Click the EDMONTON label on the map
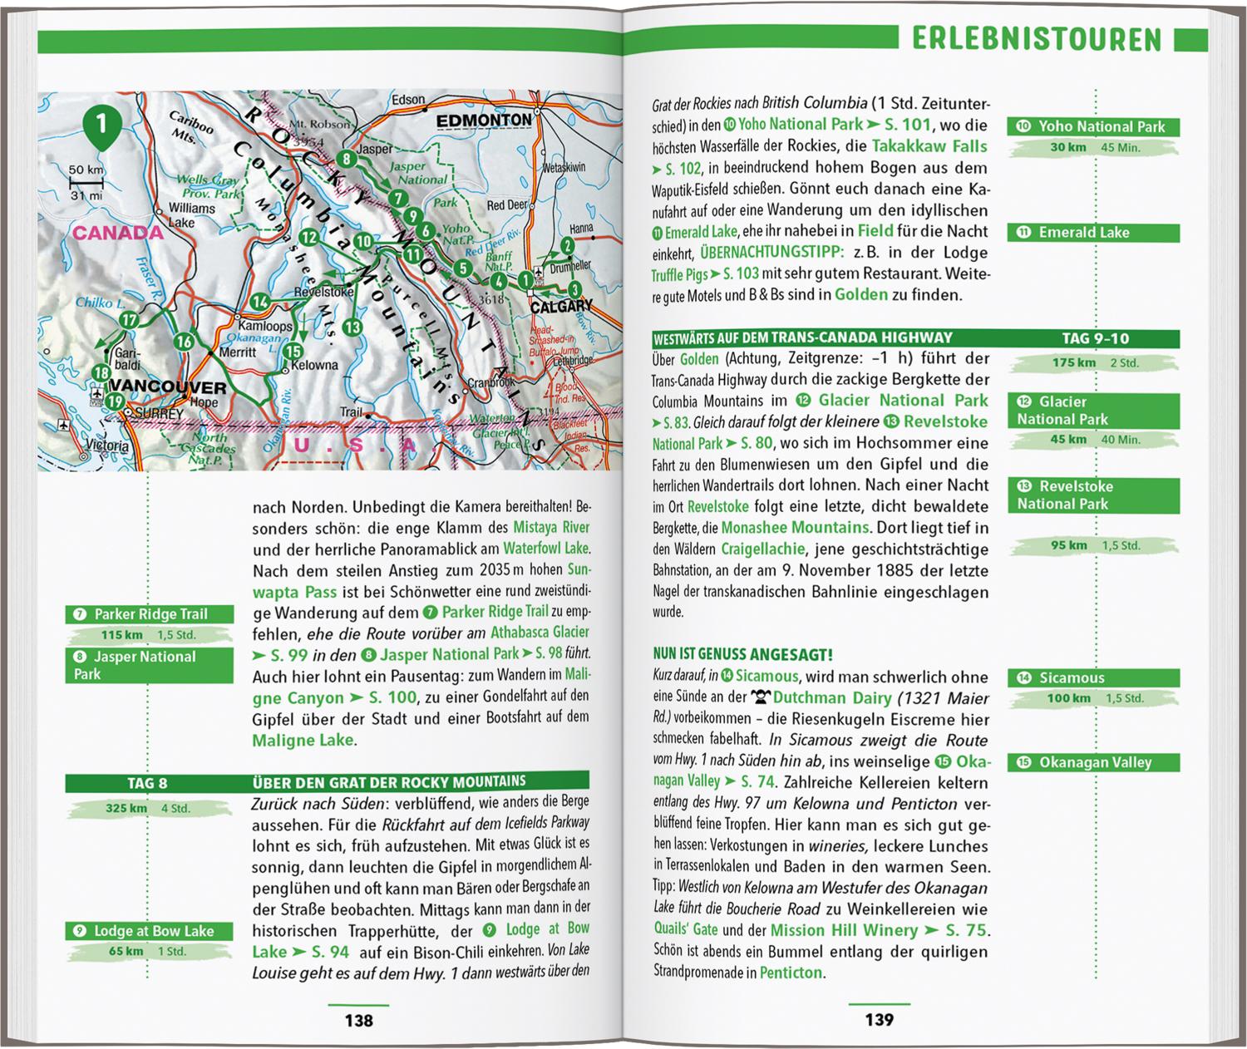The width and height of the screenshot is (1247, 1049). pyautogui.click(x=484, y=121)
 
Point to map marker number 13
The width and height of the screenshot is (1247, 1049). pyautogui.click(x=352, y=328)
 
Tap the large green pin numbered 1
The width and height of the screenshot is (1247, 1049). pyautogui.click(x=101, y=127)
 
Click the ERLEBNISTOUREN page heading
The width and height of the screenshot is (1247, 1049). pyautogui.click(x=1036, y=39)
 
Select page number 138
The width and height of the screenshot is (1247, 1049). pyautogui.click(x=359, y=1020)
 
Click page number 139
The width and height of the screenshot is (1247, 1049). pyautogui.click(x=880, y=1020)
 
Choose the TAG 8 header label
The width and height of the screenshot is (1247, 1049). pyautogui.click(x=147, y=783)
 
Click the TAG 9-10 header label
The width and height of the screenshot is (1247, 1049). pyautogui.click(x=1096, y=338)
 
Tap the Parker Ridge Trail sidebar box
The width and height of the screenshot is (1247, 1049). pyautogui.click(x=150, y=614)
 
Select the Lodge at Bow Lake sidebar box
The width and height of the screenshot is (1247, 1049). pyautogui.click(x=150, y=931)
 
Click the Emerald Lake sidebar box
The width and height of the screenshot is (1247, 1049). pyautogui.click(x=1093, y=233)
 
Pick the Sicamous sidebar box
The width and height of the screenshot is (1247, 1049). pyautogui.click(x=1093, y=678)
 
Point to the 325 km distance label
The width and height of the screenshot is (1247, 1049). pyautogui.click(x=126, y=808)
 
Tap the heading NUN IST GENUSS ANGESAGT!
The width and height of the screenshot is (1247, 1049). pyautogui.click(x=742, y=655)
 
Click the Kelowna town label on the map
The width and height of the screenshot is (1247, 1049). pyautogui.click(x=316, y=365)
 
